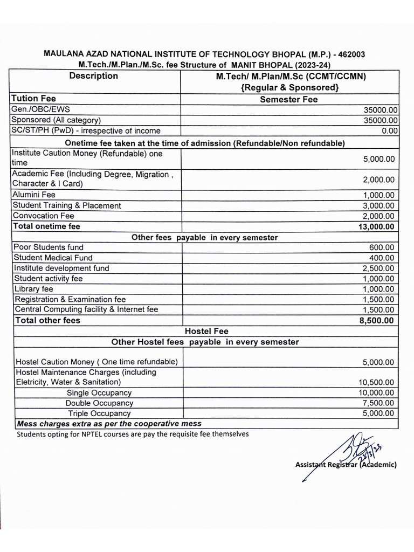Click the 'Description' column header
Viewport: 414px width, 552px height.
(94, 76)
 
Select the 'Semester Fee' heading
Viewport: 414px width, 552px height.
(289, 99)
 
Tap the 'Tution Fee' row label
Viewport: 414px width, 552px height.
(33, 99)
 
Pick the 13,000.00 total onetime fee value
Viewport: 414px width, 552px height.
(376, 227)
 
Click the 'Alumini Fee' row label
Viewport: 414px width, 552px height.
(34, 195)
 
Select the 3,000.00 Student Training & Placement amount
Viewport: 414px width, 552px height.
(378, 205)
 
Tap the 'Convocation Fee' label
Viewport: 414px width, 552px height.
(44, 216)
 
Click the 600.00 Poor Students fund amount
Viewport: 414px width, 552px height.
(383, 247)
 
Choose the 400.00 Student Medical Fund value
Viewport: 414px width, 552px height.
(383, 258)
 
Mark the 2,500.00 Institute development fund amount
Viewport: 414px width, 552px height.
(378, 268)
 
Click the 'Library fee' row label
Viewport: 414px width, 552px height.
(34, 289)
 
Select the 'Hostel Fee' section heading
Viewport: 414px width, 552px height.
(206, 332)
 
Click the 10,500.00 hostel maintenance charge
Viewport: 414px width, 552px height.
(376, 382)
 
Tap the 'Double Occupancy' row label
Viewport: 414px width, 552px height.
(99, 403)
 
